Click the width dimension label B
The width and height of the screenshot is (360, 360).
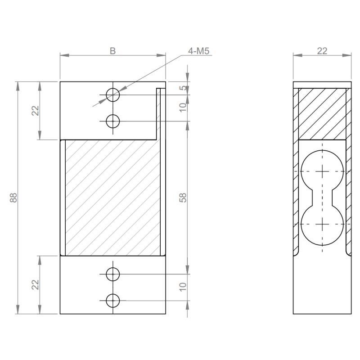pos(112,51)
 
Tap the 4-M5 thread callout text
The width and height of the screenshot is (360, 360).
pos(198,51)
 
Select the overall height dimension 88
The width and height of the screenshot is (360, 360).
pos(13,198)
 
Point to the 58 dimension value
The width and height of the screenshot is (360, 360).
pos(183,198)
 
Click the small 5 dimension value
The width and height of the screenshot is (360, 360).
pos(183,88)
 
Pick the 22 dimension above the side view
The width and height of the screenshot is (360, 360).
pos(322,51)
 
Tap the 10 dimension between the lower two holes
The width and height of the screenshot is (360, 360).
pos(183,287)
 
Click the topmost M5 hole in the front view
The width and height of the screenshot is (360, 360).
pos(112,94)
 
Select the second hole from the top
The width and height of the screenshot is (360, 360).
pos(112,121)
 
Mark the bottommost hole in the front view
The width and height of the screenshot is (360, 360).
pos(112,300)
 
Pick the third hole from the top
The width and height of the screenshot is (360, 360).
pos(112,273)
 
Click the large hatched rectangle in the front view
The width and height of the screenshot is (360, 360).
pos(112,198)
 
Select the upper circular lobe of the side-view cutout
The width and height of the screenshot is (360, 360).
pos(322,171)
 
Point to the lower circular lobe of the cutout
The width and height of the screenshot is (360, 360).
pos(322,224)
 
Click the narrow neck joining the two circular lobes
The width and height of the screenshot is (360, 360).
pos(322,198)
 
